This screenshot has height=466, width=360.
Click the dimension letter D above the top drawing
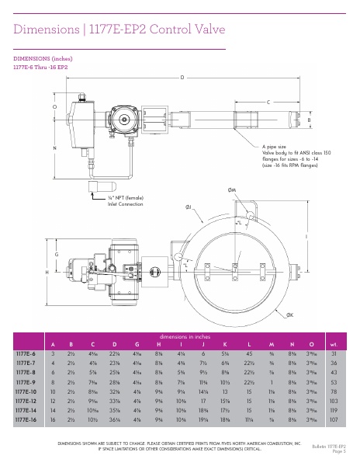click(182, 77)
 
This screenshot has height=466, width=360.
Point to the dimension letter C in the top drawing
click(268, 103)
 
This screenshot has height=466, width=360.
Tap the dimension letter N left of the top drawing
click(54, 148)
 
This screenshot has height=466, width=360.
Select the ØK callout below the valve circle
click(289, 315)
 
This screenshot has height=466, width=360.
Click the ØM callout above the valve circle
click(232, 190)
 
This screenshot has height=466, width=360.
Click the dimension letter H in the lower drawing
click(47, 273)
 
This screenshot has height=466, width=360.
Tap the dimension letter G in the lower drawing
click(57, 255)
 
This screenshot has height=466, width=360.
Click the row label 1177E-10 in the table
click(26, 392)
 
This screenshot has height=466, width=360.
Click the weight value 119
click(334, 411)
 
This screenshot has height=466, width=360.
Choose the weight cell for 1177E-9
click(334, 382)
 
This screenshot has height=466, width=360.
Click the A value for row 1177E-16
click(53, 420)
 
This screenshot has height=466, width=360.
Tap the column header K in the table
click(224, 343)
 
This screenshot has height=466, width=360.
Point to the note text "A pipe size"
click(274, 146)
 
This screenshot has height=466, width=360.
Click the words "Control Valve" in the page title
click(189, 30)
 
